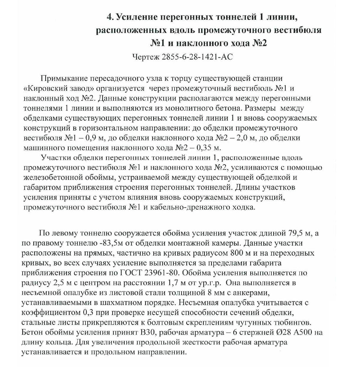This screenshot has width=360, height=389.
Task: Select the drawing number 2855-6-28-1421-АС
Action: (197, 57)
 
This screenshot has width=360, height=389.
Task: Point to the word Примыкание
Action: (64, 78)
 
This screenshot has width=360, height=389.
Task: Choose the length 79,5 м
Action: (300, 233)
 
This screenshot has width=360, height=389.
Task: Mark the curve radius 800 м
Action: (227, 253)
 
